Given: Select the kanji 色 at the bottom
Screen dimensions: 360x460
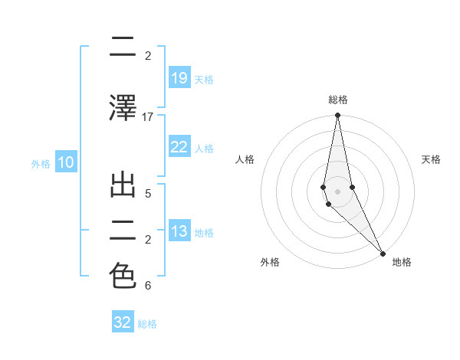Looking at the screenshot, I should click(x=123, y=276).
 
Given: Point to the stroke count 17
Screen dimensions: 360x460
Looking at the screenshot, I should click(x=148, y=117).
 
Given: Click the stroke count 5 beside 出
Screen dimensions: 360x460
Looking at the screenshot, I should click(x=148, y=193).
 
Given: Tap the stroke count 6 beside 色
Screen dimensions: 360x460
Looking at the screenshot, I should click(x=148, y=286).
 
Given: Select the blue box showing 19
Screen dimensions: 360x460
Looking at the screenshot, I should click(x=179, y=77).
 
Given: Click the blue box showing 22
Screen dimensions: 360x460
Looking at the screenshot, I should click(x=179, y=147).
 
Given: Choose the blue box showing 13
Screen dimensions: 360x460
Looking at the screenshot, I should click(x=179, y=231).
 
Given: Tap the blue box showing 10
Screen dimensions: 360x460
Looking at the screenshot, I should click(x=65, y=162).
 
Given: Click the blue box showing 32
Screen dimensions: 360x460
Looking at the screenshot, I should click(x=123, y=322).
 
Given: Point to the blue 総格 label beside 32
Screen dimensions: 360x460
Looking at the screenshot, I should click(x=148, y=324).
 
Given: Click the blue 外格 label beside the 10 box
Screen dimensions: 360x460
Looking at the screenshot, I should click(x=41, y=163).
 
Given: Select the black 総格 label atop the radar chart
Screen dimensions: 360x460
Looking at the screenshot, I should click(x=337, y=100).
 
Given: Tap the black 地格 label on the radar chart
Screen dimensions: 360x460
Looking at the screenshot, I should click(x=402, y=263).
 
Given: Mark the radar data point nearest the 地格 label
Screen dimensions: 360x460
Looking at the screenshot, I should click(x=383, y=252).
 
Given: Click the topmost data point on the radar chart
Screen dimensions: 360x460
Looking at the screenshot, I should click(x=337, y=116).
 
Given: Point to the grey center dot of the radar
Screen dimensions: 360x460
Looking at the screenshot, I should click(x=337, y=180).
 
